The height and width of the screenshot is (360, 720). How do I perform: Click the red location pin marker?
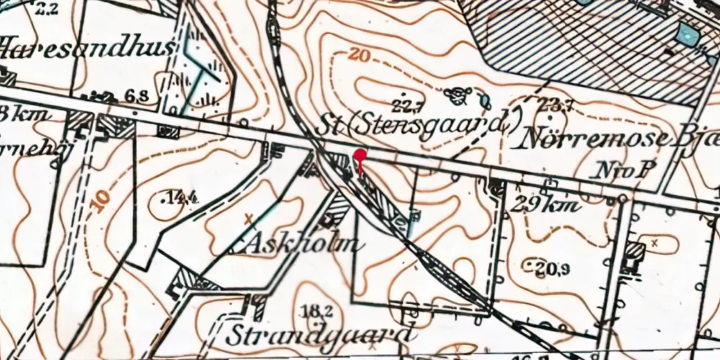click(x=359, y=156)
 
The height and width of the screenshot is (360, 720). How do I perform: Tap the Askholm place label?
click(x=294, y=243)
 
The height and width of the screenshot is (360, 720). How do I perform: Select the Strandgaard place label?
click(x=321, y=336)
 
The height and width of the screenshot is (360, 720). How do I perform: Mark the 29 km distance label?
click(x=544, y=206)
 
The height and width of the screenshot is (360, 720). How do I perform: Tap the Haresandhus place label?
click(x=86, y=49)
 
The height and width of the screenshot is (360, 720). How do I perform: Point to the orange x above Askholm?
click(x=249, y=217)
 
